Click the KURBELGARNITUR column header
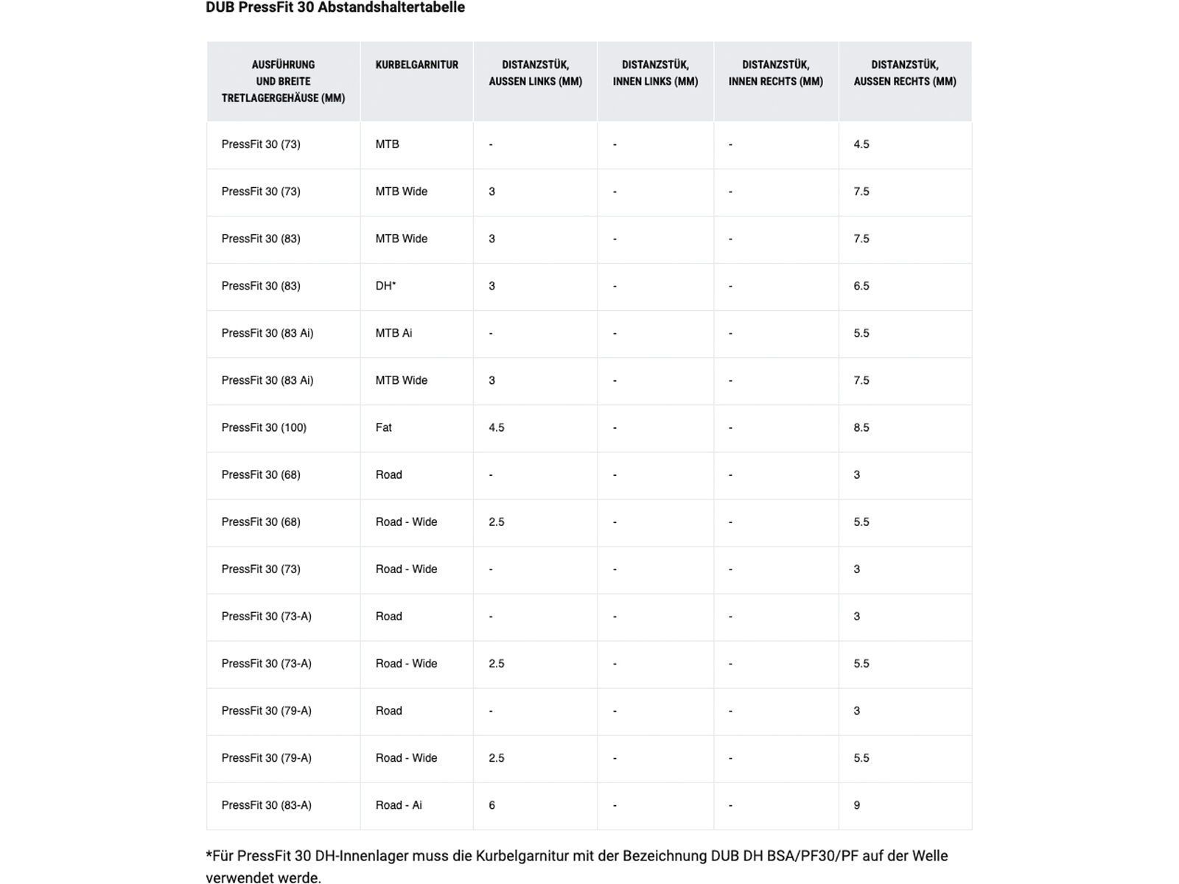(x=416, y=65)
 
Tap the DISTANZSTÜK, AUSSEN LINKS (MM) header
(x=535, y=73)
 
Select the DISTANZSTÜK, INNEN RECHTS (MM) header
(x=775, y=73)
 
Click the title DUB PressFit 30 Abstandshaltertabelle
(x=335, y=8)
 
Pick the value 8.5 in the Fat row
(x=861, y=428)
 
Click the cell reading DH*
(x=385, y=286)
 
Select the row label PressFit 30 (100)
(x=264, y=428)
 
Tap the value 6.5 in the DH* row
(x=861, y=286)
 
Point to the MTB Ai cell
(x=393, y=333)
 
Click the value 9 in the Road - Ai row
(x=857, y=805)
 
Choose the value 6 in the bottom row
(x=491, y=805)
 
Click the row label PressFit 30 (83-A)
(x=266, y=805)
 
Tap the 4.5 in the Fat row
(x=497, y=428)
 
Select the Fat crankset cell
(x=383, y=428)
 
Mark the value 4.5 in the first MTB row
(x=861, y=144)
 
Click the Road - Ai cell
(x=399, y=805)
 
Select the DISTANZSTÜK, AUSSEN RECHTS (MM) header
(x=905, y=73)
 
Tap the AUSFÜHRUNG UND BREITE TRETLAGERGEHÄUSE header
(x=283, y=81)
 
